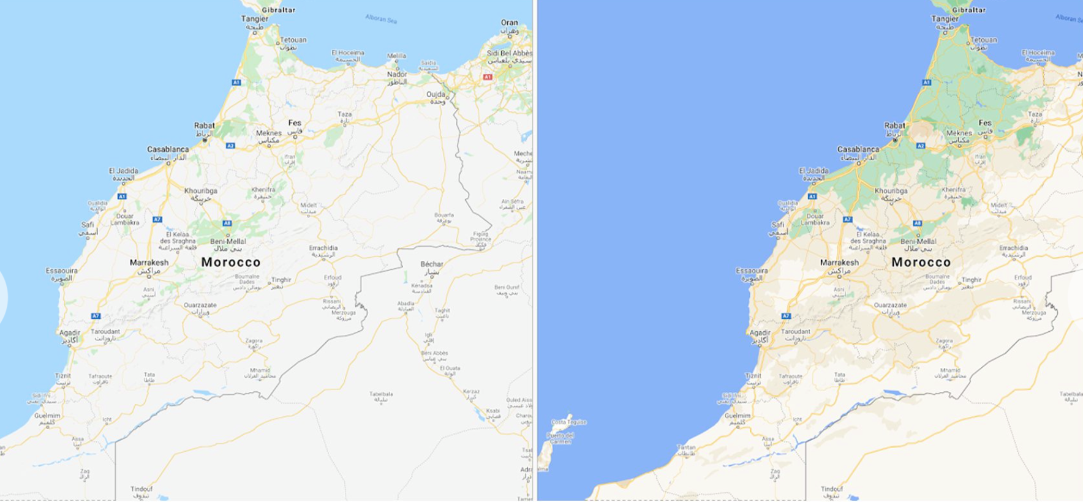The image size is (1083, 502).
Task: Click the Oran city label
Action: tap(509, 23)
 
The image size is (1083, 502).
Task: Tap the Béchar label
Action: tap(432, 264)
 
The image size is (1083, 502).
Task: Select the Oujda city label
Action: tap(436, 95)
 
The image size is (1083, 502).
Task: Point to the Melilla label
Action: tap(396, 56)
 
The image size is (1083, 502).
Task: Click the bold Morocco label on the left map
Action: tap(231, 262)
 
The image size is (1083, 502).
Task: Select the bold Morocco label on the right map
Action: tap(921, 262)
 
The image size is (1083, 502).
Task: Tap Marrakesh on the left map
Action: tap(149, 263)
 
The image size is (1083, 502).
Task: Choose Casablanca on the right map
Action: tap(858, 149)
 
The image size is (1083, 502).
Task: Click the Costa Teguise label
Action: tap(568, 422)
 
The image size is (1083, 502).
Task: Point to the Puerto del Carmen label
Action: tap(561, 438)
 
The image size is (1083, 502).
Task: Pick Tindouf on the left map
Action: tap(142, 489)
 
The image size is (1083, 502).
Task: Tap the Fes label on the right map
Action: tap(985, 123)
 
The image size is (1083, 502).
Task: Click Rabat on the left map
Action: tap(205, 125)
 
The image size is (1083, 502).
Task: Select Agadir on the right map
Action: tap(760, 333)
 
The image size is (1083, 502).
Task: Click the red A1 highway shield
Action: tap(488, 77)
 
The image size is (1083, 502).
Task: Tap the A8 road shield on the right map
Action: tap(917, 223)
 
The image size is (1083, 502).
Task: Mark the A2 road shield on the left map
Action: tap(230, 146)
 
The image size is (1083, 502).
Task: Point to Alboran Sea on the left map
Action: tap(381, 19)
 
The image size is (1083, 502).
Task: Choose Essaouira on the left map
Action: tap(61, 271)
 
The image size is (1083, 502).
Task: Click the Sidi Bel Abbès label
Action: tap(509, 53)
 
